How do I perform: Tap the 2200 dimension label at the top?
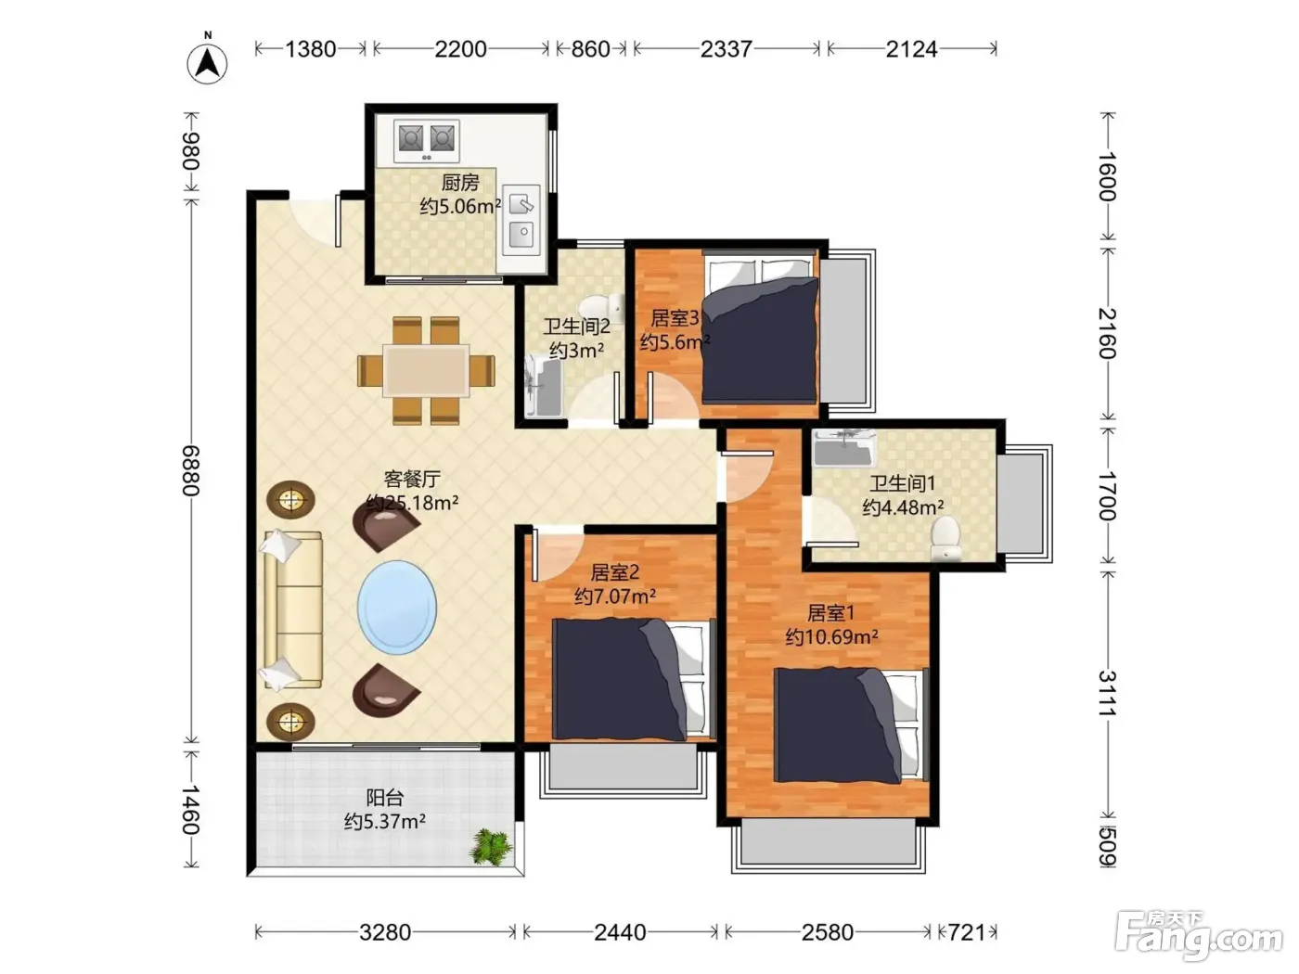(x=460, y=49)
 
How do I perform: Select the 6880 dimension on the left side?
(x=192, y=470)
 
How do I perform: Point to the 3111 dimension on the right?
(x=1107, y=693)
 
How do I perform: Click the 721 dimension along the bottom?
(x=967, y=932)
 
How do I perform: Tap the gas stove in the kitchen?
(x=427, y=141)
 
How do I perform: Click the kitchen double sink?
(x=521, y=220)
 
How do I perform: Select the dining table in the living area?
(x=426, y=371)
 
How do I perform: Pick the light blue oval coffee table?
(x=397, y=608)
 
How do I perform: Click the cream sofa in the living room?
(x=292, y=610)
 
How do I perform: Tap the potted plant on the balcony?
(x=490, y=846)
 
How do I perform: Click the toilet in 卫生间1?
(x=945, y=538)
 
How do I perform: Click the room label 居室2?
(x=614, y=571)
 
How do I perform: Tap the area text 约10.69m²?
(x=831, y=637)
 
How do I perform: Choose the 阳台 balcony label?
(x=385, y=798)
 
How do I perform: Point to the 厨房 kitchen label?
(x=460, y=183)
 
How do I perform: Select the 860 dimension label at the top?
(x=590, y=49)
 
